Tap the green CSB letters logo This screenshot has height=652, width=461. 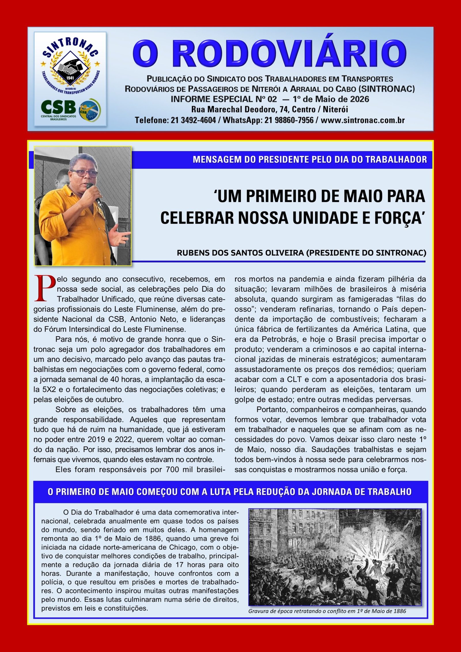(x=58, y=107)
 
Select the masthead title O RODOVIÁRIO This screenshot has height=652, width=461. (x=269, y=54)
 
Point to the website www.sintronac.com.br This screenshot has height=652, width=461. (x=362, y=120)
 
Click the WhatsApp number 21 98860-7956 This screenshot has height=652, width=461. (x=289, y=120)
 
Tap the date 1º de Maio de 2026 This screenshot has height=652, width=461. (x=331, y=99)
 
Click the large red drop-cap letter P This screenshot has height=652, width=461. (x=45, y=288)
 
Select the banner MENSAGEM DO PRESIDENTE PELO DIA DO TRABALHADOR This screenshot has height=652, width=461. (x=310, y=159)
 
